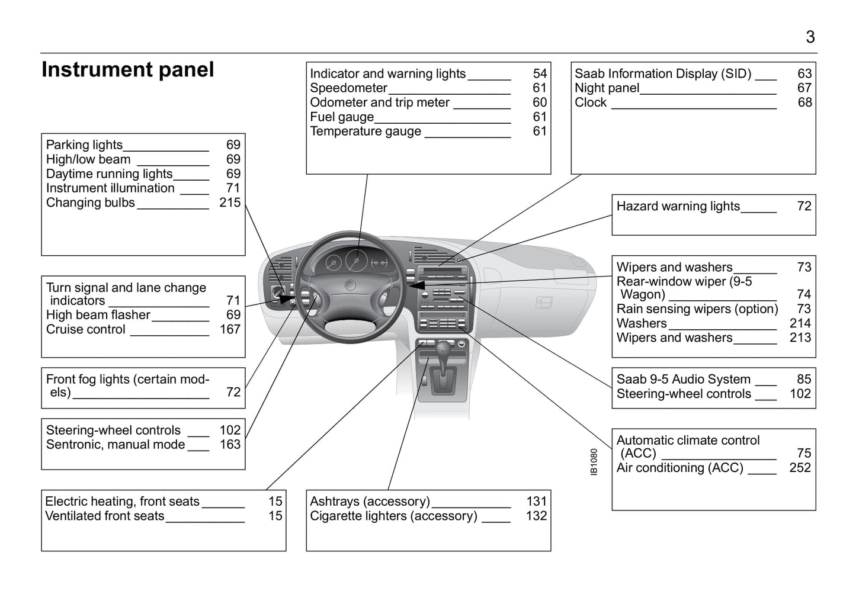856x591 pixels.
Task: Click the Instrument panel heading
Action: (x=127, y=70)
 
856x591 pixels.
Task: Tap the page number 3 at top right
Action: (x=810, y=37)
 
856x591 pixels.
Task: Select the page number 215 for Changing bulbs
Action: (x=230, y=203)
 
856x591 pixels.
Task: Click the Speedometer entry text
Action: (x=348, y=88)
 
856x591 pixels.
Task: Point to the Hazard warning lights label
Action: (x=678, y=206)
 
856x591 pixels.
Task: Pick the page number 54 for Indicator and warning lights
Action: (x=540, y=73)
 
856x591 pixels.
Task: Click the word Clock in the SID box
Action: (x=591, y=102)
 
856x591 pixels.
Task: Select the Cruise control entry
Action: (x=86, y=329)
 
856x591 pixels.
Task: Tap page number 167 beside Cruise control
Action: (x=230, y=329)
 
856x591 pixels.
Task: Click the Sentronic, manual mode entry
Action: (x=116, y=445)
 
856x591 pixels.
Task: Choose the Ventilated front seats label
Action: (x=105, y=516)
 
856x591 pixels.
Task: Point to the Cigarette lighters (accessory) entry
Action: (x=393, y=516)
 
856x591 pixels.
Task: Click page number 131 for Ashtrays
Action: (x=536, y=502)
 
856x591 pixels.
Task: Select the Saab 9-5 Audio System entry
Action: (x=683, y=379)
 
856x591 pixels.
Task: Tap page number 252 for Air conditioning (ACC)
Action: (x=800, y=468)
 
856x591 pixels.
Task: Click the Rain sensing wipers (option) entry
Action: (x=697, y=309)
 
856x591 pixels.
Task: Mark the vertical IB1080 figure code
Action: (x=594, y=461)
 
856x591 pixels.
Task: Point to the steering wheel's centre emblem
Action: (x=350, y=285)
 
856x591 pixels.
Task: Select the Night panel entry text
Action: (x=607, y=88)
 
